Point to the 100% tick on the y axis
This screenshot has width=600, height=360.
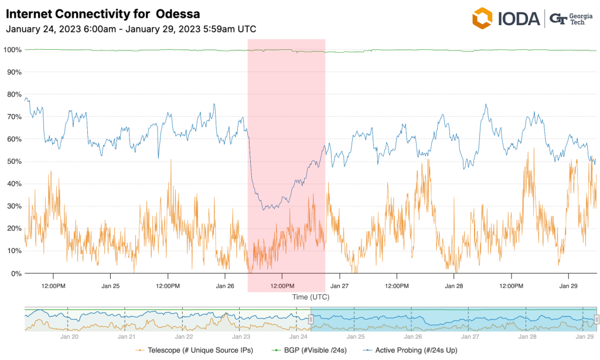[x=12, y=50]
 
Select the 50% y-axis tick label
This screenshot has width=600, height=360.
[x=14, y=161]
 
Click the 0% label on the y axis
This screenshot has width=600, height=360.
[x=16, y=273]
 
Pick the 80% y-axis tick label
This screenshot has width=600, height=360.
[x=14, y=94]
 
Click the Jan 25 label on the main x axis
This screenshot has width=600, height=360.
[x=110, y=286]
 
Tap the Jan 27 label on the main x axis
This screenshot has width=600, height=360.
[x=339, y=286]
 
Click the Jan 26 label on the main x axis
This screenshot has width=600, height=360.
[x=225, y=286]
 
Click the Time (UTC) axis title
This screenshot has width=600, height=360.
[x=311, y=297]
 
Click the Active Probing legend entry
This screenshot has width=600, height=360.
[x=411, y=350]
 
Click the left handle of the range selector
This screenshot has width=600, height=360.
[x=311, y=319]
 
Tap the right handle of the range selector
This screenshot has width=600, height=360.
[x=596, y=319]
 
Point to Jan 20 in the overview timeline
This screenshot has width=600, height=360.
[x=70, y=337]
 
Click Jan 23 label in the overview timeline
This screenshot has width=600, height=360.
[x=241, y=337]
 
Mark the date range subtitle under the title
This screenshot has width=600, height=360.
[x=131, y=29]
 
